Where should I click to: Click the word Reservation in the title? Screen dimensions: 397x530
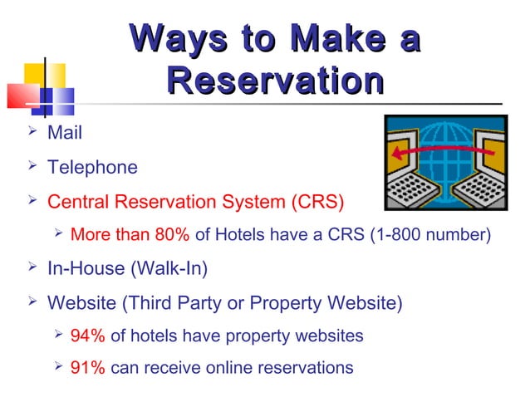[x=275, y=81]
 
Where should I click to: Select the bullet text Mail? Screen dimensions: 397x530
[x=65, y=132]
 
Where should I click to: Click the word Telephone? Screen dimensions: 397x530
[x=92, y=168]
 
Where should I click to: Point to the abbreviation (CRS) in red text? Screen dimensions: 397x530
[x=316, y=202]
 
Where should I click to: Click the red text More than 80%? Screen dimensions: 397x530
[x=130, y=235]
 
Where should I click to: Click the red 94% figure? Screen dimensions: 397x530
[x=87, y=336]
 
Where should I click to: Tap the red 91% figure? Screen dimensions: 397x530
[x=87, y=367]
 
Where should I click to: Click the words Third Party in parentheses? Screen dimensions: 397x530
[x=173, y=303]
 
